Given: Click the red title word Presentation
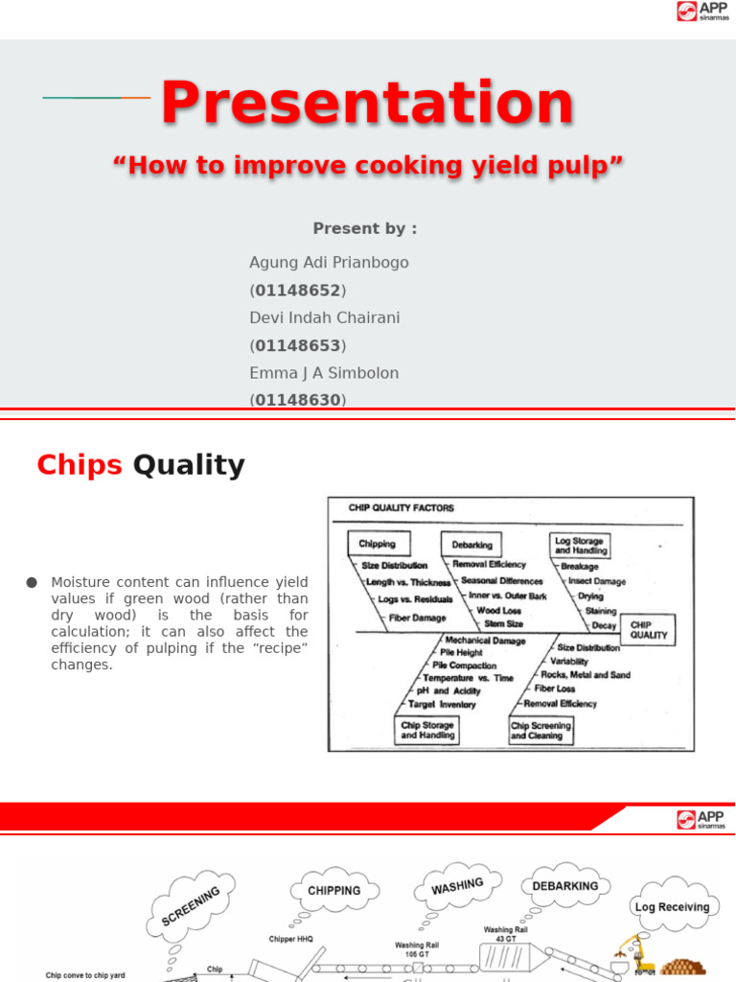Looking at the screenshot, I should pos(367,104).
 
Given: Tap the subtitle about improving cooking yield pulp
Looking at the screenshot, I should pos(368,166).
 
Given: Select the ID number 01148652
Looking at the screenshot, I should pos(298,290).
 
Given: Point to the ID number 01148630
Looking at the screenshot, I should pos(298,400).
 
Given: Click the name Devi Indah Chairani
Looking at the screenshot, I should pos(324,317).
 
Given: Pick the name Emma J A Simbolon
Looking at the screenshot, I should pos(324,373).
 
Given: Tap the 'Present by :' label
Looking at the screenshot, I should pos(365,228).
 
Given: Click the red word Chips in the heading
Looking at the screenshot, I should pos(80,465).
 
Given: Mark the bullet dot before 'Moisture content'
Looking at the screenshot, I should pos(32,582).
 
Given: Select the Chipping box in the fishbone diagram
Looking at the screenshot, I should pos(377,544).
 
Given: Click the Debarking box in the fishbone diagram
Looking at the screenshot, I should pos(471,545).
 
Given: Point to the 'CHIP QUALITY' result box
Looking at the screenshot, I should pos(649,630).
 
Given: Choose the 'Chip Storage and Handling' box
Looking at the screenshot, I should pos(427,731).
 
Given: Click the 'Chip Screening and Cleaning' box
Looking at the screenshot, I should pos(540,731).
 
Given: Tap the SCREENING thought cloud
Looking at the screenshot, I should pos(191,904).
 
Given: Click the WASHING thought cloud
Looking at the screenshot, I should pos(457,887).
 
